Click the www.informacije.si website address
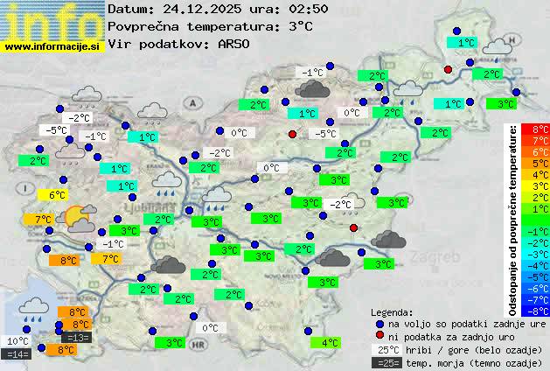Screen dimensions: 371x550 point(52,45)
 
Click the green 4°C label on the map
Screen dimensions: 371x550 point(330,343)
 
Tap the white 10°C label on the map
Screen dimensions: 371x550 point(17,341)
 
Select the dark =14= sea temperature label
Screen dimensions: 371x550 point(17,354)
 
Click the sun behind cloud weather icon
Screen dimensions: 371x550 point(80,217)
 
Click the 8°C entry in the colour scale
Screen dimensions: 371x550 point(540,129)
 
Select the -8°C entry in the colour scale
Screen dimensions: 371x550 point(540,311)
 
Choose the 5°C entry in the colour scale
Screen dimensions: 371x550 point(540,164)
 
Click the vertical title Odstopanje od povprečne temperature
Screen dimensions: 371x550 point(513,219)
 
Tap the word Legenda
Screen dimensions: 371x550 point(392,311)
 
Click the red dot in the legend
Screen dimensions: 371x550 point(379,335)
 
